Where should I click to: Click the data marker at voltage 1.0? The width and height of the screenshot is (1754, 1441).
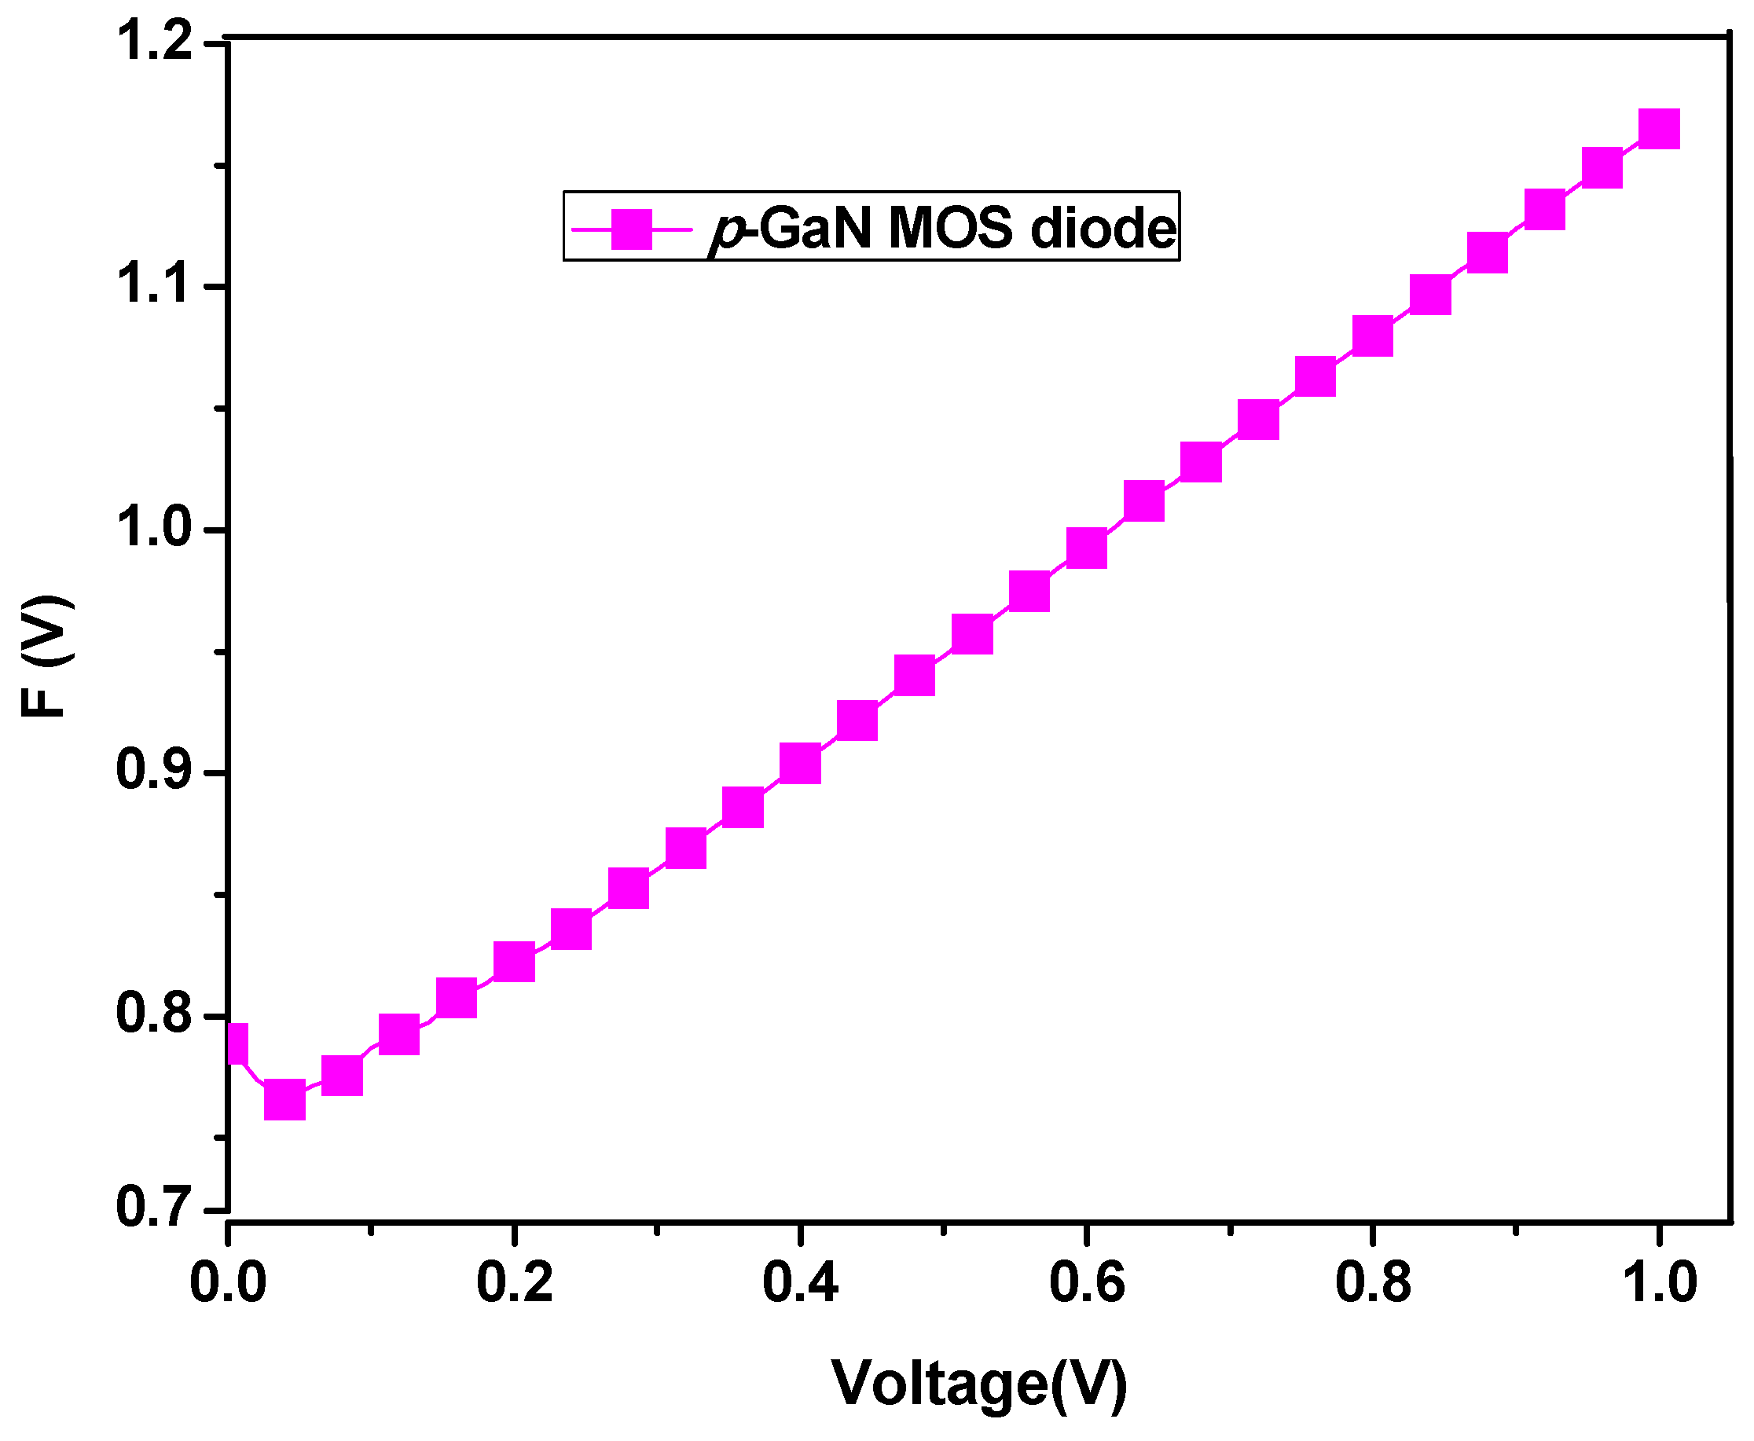click(1659, 129)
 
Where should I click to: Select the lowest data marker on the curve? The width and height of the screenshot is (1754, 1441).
click(284, 1101)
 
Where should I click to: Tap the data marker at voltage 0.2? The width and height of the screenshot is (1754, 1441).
click(514, 961)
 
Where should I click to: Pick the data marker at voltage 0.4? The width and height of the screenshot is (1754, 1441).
click(800, 763)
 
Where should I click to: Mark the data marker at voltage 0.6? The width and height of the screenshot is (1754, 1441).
click(1086, 548)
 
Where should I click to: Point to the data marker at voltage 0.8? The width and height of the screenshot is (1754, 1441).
click(1372, 335)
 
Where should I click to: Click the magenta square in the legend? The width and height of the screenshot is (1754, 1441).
click(632, 229)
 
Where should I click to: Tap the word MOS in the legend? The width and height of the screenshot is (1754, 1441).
click(950, 229)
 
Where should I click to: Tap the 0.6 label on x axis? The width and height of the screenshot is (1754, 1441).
click(1087, 1282)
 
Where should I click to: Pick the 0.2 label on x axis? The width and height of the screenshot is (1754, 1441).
click(514, 1282)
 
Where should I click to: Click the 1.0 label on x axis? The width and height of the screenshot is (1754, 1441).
click(1660, 1282)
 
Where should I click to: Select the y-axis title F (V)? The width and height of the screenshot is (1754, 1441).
click(46, 655)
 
